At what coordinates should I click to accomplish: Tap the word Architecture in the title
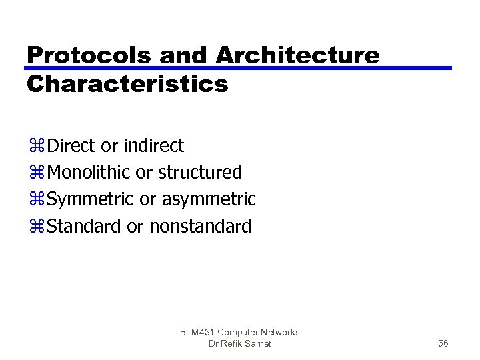pos(297,56)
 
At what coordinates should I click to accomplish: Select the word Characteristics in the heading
pos(127,85)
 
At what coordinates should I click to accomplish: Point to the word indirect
pos(153,145)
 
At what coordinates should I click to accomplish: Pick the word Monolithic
pos(90,173)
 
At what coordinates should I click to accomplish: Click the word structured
pos(200,173)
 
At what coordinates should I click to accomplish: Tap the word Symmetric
pos(91,199)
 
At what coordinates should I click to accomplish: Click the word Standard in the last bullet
pos(85,227)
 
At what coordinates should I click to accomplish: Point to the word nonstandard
pos(200,227)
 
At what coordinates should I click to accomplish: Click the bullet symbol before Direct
pos(37,146)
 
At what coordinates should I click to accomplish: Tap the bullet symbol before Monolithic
pos(37,173)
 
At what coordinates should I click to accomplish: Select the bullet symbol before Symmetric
pos(37,200)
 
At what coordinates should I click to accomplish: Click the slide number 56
pos(443,343)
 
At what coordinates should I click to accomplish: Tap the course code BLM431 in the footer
pos(197,332)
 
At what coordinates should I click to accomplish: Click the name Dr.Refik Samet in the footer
pos(240,343)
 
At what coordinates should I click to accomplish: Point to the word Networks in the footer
pos(280,332)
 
